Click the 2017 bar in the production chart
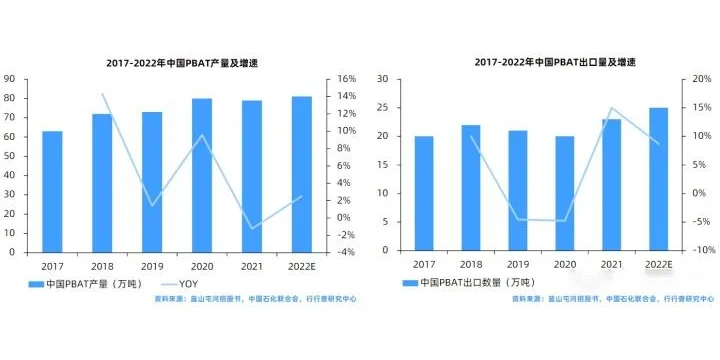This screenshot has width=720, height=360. [52, 191]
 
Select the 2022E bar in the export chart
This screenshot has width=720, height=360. [659, 179]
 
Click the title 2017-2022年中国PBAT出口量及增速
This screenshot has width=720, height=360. [555, 62]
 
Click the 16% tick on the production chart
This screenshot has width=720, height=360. [347, 79]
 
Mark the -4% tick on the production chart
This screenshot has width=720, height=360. [346, 252]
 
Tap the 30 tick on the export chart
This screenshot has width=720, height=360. [385, 79]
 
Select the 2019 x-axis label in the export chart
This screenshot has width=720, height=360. [518, 264]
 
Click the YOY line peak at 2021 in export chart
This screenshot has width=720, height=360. [612, 108]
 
